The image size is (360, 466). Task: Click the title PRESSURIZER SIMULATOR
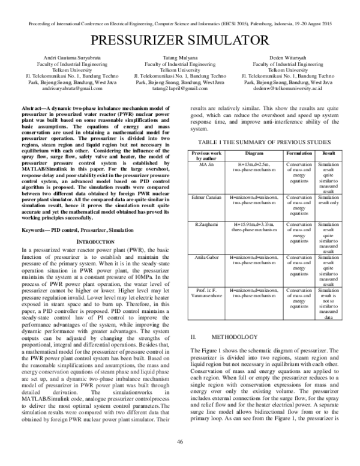click(180, 42)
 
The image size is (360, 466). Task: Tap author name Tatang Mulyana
click(180, 57)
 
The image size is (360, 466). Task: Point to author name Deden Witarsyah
click(287, 57)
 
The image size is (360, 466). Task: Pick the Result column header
click(329, 154)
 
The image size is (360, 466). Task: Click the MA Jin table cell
click(207, 163)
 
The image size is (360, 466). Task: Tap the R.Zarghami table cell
click(207, 223)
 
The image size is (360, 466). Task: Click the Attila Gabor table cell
click(207, 257)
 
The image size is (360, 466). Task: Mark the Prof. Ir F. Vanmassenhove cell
click(207, 294)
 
